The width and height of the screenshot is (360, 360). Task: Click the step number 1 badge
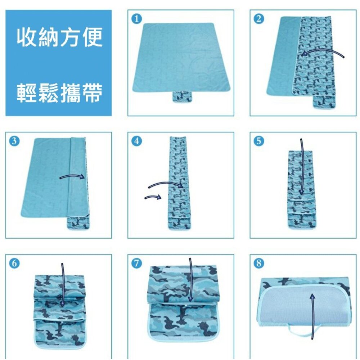pyautogui.click(x=136, y=19)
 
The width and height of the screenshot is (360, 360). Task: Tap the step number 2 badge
pyautogui.click(x=259, y=19)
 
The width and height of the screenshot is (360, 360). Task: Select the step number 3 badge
pyautogui.click(x=14, y=141)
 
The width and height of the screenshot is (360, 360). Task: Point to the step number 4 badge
pyautogui.click(x=136, y=141)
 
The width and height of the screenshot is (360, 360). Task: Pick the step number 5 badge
pyautogui.click(x=259, y=141)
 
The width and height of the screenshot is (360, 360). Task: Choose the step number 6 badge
pyautogui.click(x=14, y=263)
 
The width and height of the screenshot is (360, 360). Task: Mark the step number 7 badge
pyautogui.click(x=136, y=263)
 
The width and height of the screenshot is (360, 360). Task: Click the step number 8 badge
pyautogui.click(x=259, y=263)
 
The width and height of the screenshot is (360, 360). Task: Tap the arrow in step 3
pyautogui.click(x=72, y=175)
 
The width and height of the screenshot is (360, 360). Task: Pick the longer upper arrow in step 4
pyautogui.click(x=166, y=183)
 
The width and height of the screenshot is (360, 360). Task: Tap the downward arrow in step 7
pyautogui.click(x=190, y=280)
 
